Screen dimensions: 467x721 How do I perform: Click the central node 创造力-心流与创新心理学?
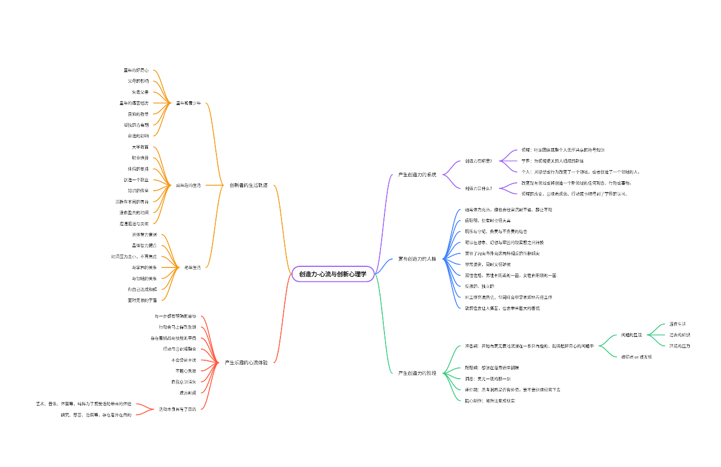pyautogui.click(x=333, y=274)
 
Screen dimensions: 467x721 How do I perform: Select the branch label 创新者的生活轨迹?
pyautogui.click(x=249, y=185)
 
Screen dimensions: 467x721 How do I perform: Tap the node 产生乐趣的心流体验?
pyautogui.click(x=246, y=362)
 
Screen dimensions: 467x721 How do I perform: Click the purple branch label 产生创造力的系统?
pyautogui.click(x=417, y=175)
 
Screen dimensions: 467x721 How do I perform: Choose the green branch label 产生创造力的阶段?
pyautogui.click(x=417, y=372)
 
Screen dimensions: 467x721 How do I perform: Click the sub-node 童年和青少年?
pyautogui.click(x=189, y=103)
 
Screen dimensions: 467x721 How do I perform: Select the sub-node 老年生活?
pyautogui.click(x=192, y=267)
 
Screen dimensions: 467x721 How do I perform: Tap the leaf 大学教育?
pyautogui.click(x=140, y=147)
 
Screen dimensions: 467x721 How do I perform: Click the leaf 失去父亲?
pyautogui.click(x=140, y=92)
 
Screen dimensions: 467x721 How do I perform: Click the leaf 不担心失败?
pyautogui.click(x=185, y=371)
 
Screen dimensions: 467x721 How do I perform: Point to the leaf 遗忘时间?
pyautogui.click(x=187, y=393)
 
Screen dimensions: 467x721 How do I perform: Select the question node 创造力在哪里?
pyautogui.click(x=478, y=161)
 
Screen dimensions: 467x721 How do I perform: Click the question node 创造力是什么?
pyautogui.click(x=478, y=188)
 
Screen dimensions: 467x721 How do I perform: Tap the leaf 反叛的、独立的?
pyautogui.click(x=479, y=286)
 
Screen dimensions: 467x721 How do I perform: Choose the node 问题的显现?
pyautogui.click(x=631, y=335)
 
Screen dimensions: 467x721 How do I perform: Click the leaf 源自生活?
pyautogui.click(x=677, y=324)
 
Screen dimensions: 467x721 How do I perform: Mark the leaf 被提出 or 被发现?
pyautogui.click(x=636, y=357)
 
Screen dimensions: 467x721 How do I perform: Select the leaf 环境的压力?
pyautogui.click(x=679, y=346)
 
